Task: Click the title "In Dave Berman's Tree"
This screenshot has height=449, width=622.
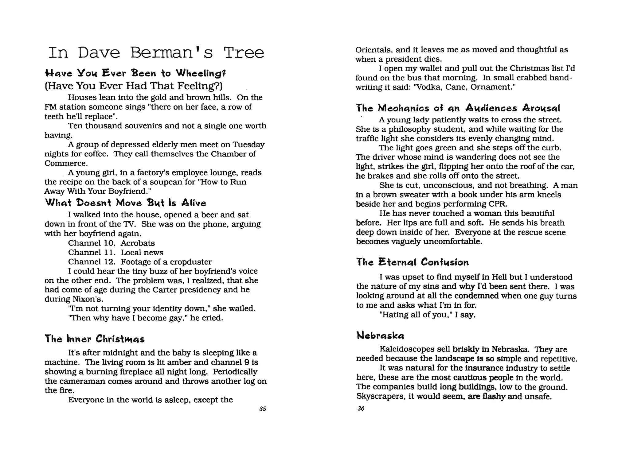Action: point(156,52)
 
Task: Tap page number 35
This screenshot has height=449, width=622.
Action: point(263,409)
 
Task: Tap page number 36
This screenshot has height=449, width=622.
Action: point(361,408)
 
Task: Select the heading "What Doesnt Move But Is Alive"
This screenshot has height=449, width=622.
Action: point(126,203)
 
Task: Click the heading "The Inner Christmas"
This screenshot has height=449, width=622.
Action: point(95,339)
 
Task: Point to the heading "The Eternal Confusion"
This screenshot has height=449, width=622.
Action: point(413,262)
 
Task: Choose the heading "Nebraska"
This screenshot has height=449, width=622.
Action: point(380,335)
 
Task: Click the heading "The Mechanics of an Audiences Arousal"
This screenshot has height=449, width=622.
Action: point(458,108)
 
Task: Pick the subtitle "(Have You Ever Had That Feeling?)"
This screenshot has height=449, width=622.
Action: point(134,86)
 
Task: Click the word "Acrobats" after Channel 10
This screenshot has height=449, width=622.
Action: point(138,243)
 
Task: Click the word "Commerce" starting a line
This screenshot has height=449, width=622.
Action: point(65,163)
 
